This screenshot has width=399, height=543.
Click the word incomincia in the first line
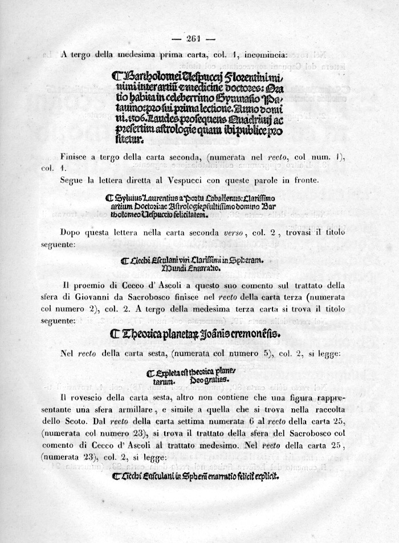coord(267,55)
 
